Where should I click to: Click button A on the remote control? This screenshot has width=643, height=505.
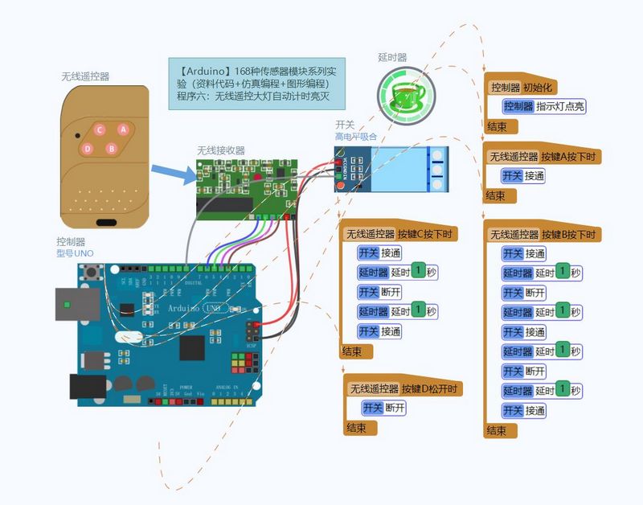123,129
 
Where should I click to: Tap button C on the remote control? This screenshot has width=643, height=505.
100,129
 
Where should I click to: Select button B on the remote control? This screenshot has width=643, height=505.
112,148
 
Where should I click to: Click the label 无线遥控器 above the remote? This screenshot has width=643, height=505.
85,77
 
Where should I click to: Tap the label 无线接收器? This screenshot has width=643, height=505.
221,150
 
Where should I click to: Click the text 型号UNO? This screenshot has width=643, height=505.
75,253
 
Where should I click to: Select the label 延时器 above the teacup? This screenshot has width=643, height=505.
392,58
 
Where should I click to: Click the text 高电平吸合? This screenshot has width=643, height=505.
356,138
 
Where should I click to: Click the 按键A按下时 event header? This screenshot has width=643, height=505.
543,156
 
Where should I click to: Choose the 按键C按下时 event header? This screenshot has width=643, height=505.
399,234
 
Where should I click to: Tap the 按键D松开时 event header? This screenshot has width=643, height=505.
405,388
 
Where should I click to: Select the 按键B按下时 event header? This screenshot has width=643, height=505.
543,234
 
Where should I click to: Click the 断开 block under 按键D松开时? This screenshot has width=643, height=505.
383,408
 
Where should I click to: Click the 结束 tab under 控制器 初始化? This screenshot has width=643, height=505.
497,126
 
